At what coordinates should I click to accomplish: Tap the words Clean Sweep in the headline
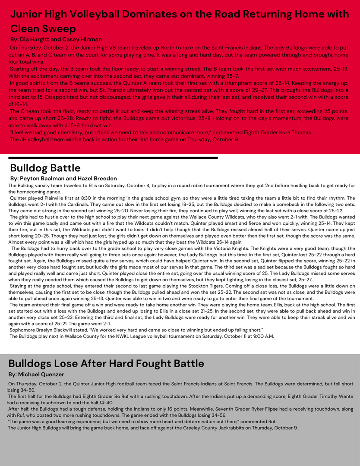[43, 28]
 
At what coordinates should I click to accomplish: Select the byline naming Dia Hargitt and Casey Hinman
[56, 39]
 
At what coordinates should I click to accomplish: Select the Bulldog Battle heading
[45, 168]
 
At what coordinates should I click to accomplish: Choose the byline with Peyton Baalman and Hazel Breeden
[63, 178]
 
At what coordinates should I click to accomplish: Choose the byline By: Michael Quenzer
[36, 374]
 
